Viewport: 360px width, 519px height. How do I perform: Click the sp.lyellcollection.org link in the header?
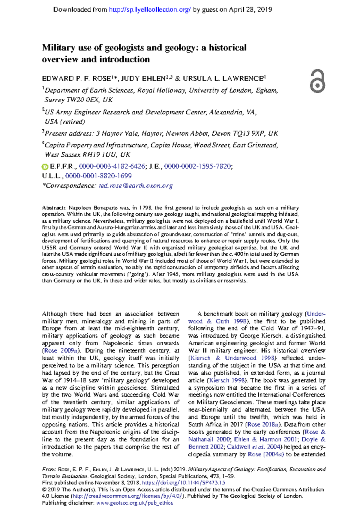pos(150,10)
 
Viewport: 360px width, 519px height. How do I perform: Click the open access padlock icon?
pos(317,81)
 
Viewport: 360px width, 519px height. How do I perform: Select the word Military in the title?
pos(58,48)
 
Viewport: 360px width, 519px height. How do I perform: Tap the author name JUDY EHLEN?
pos(143,79)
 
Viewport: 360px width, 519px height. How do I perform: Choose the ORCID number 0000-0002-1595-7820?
pos(197,166)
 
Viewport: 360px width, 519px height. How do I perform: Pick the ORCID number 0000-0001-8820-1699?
pos(98,176)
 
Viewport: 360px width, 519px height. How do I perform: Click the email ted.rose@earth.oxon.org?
pos(136,186)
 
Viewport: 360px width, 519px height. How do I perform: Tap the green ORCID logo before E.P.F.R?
pos(45,167)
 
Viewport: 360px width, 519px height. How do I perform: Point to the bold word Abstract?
pos(54,208)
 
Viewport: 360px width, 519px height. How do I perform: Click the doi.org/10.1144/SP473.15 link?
pos(183,483)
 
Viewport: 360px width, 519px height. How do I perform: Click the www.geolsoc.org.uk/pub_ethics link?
pos(134,503)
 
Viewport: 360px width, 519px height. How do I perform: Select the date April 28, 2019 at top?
pos(250,10)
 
